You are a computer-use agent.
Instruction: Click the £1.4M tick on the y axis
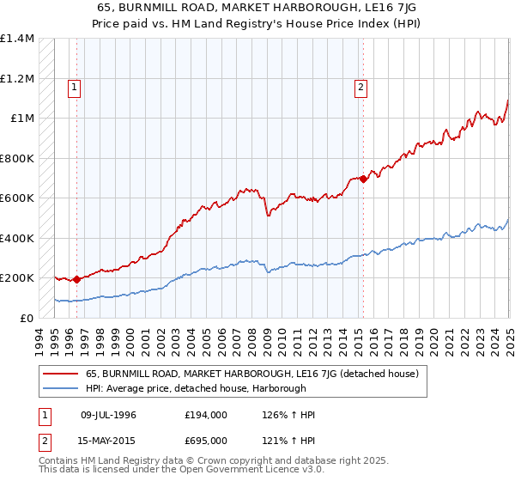17,39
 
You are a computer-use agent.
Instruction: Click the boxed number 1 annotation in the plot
74,86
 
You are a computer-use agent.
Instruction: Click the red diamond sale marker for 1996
76,279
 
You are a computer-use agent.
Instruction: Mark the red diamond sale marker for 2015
363,179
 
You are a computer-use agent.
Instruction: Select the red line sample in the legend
60,374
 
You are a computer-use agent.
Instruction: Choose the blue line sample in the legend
60,387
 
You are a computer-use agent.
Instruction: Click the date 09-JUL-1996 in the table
108,415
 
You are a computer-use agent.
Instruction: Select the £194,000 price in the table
206,415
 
